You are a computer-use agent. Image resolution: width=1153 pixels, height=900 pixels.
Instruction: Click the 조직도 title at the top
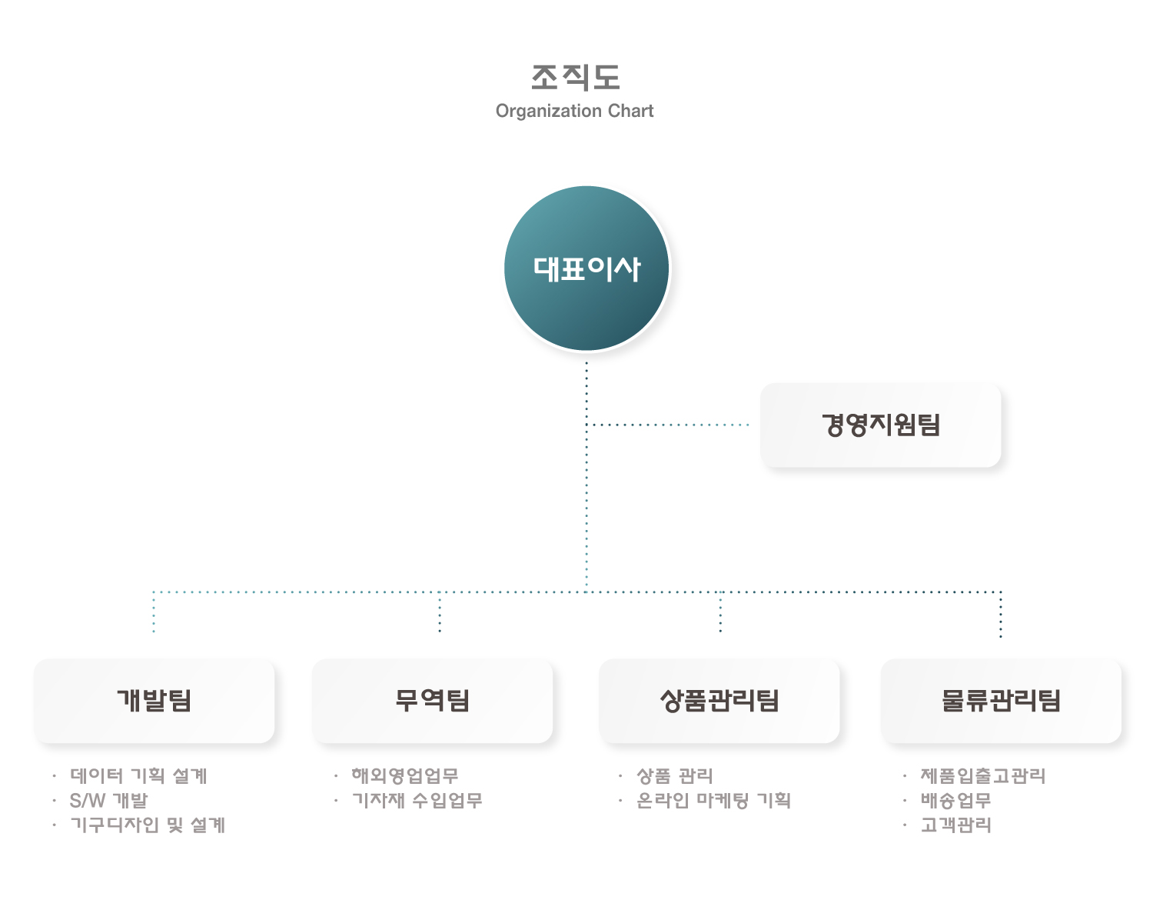(x=575, y=78)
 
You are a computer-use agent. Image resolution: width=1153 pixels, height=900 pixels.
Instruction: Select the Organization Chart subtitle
(x=574, y=111)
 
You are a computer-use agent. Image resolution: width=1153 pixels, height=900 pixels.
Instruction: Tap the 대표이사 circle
(x=586, y=268)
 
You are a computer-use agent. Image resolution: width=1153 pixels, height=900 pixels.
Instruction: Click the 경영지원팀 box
(x=880, y=425)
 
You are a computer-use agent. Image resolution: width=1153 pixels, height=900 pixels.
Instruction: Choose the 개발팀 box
(x=154, y=700)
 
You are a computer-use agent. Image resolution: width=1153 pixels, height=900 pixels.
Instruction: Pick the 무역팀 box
(x=432, y=700)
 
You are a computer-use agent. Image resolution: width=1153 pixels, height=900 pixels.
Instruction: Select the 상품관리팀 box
(x=719, y=700)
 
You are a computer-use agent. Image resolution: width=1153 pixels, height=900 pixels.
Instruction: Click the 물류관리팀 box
(x=1001, y=700)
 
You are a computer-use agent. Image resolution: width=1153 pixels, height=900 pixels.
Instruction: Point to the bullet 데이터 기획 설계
(x=138, y=775)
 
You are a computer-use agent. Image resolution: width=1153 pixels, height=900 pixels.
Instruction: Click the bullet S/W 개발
(x=109, y=800)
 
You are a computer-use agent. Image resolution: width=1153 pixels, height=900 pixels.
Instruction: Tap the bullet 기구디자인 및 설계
(x=148, y=825)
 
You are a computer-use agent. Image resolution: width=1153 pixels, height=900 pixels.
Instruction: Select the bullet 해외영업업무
(x=405, y=775)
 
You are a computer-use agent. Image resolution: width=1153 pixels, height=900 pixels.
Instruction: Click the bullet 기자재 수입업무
(x=417, y=800)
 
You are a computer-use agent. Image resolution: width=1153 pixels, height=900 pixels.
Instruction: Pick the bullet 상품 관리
(x=674, y=775)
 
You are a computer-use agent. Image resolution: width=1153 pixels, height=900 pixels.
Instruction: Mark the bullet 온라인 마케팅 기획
(x=713, y=800)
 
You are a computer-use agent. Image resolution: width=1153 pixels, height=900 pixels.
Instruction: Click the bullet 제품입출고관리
(x=982, y=775)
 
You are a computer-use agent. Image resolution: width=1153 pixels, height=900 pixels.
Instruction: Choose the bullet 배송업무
(x=955, y=800)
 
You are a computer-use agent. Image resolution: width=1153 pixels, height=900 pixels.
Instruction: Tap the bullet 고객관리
(x=955, y=825)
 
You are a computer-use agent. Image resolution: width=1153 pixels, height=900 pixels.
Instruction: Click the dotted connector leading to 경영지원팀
(x=667, y=425)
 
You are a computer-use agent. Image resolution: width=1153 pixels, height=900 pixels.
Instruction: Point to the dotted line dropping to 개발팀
(x=154, y=612)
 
